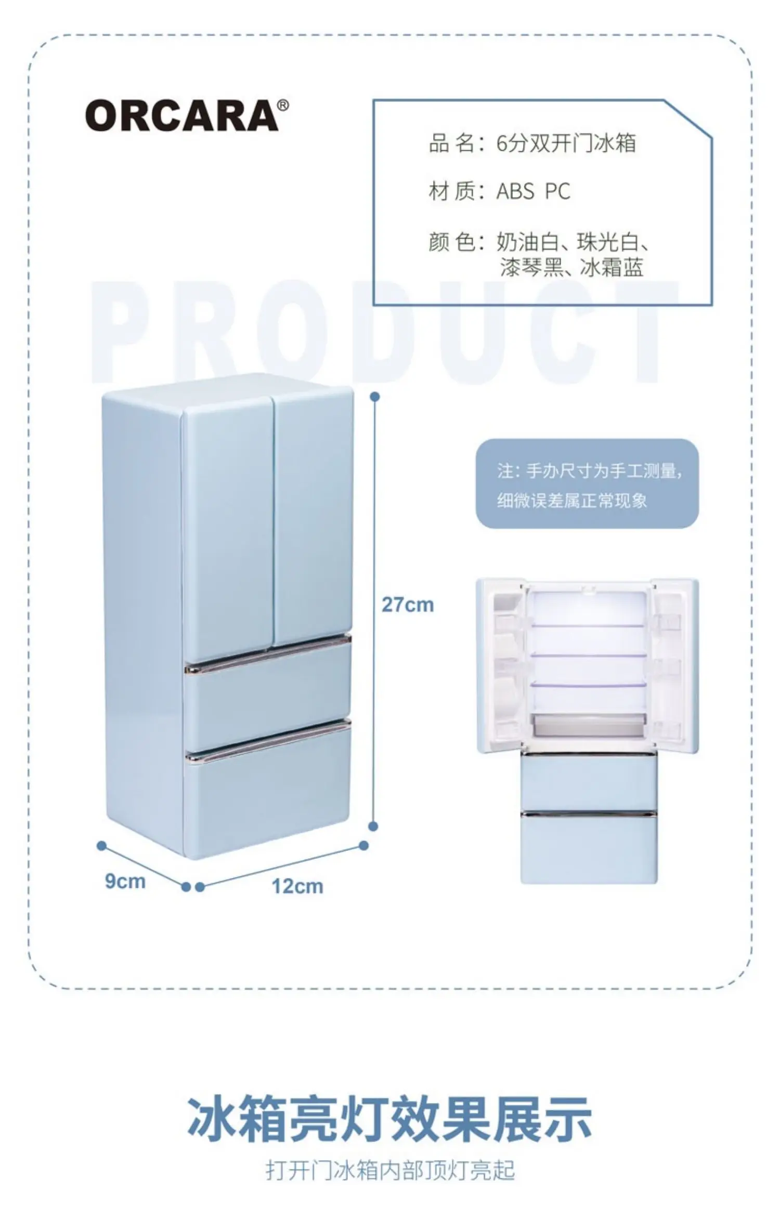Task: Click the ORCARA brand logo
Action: click(x=182, y=115)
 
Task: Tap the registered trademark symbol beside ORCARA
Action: click(x=283, y=106)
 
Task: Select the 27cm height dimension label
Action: click(x=408, y=605)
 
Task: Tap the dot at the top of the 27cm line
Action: click(x=374, y=397)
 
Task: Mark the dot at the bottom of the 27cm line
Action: click(x=373, y=826)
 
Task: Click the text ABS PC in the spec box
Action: click(x=534, y=192)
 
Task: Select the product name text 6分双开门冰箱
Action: click(x=566, y=143)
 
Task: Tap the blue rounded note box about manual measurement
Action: click(x=587, y=484)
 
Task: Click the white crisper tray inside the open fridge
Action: click(x=589, y=724)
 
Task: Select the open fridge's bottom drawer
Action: click(x=589, y=847)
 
